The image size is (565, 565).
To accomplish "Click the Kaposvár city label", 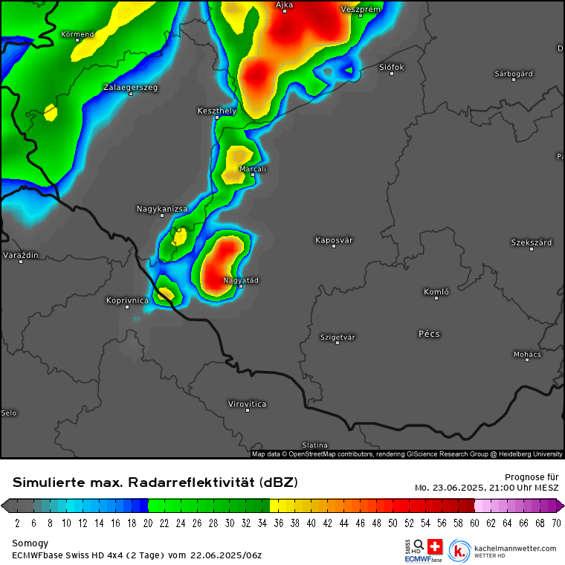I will (x=334, y=240).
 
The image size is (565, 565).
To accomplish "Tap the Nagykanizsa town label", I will (x=162, y=209).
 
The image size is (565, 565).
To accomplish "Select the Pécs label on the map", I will (x=429, y=334).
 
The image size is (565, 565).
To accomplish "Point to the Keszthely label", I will (x=217, y=111).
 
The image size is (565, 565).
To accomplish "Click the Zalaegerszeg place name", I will (x=130, y=88).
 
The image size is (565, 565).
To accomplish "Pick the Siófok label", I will (x=392, y=67).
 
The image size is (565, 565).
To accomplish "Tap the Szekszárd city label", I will (x=531, y=243).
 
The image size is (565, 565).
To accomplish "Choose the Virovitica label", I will (x=247, y=404).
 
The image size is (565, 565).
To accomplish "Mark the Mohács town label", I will (x=527, y=355).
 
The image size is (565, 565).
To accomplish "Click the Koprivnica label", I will (x=127, y=300).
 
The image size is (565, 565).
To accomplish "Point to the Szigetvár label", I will (x=338, y=337).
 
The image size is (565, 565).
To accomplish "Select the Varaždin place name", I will (x=21, y=256).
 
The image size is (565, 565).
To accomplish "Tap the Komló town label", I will (x=436, y=292).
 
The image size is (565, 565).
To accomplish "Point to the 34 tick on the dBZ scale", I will (x=262, y=523).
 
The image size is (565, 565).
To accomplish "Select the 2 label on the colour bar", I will (x=17, y=523).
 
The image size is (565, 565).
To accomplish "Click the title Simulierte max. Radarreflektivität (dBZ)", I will (x=155, y=482).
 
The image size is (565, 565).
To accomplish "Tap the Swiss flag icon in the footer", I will (x=435, y=546).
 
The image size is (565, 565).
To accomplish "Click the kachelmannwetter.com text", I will (x=514, y=549).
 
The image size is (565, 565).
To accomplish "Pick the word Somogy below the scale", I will (x=30, y=543).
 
